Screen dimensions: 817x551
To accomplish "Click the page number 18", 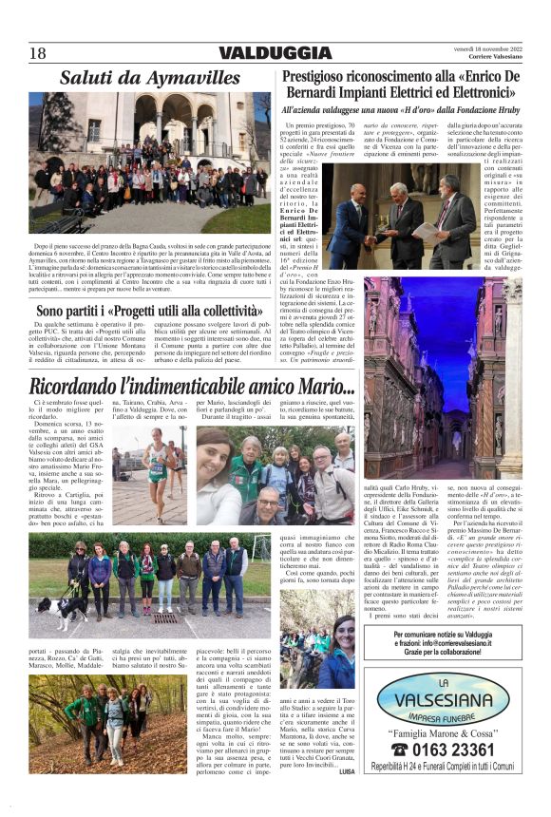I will coord(39,53).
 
